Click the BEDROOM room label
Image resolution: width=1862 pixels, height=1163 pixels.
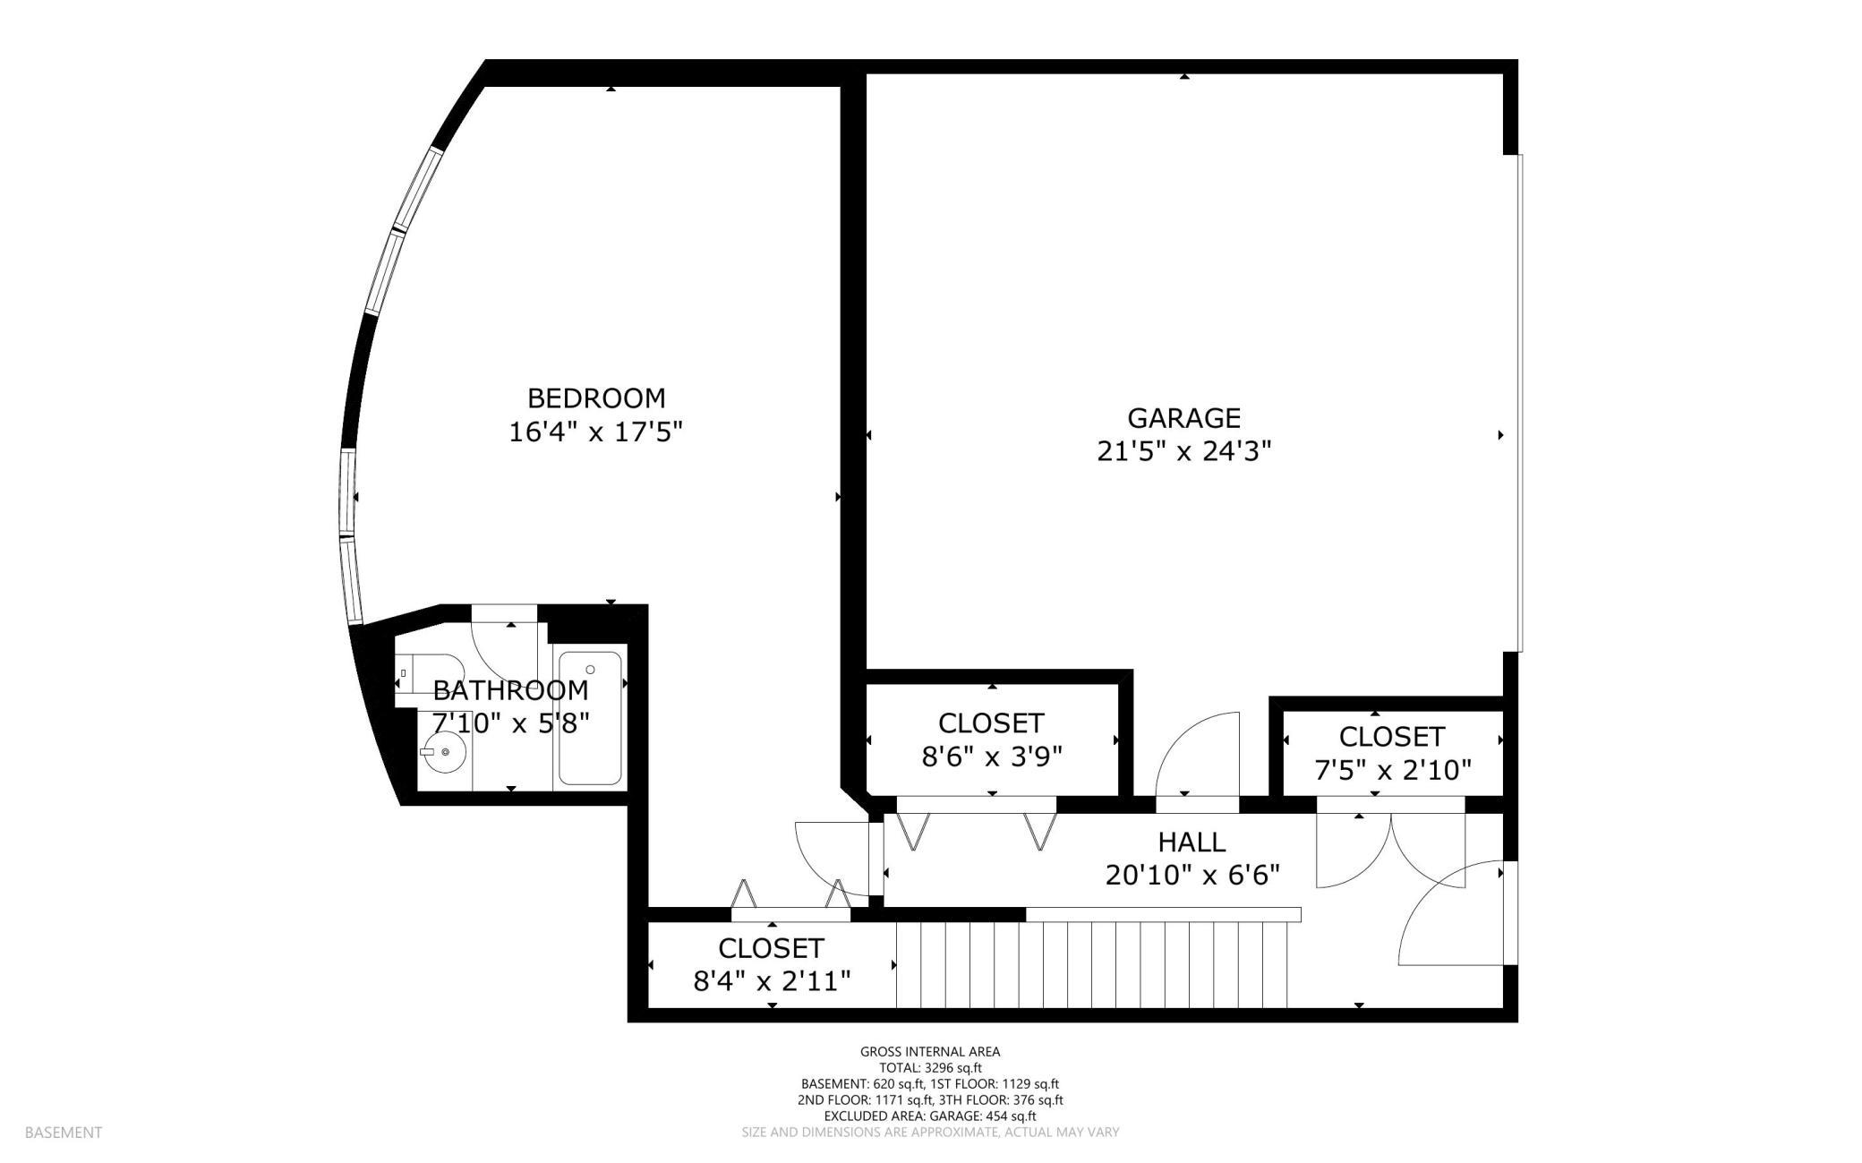tap(595, 398)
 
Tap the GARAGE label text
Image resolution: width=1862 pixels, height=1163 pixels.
tap(1183, 418)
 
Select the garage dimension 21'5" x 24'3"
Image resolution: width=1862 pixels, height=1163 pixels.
tap(1183, 451)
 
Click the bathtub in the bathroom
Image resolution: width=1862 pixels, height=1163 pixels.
tap(590, 718)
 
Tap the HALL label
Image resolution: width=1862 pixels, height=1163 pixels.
tap(1192, 842)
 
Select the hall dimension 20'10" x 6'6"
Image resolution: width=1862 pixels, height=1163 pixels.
tap(1192, 875)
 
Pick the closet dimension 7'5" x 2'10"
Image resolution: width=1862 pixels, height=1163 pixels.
tap(1392, 770)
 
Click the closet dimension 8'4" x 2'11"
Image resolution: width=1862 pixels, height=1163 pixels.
tap(772, 981)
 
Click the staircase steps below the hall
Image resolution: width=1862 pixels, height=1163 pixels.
tap(1092, 965)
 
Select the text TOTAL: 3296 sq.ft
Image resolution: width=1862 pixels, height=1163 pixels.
tap(930, 1068)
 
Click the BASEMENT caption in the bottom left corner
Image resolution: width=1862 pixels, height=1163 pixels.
tap(64, 1133)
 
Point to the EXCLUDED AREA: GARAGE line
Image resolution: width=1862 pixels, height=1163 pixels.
tap(930, 1116)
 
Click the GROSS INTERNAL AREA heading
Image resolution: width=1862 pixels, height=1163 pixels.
tap(930, 1052)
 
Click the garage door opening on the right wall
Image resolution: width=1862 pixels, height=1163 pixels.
tap(1518, 403)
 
